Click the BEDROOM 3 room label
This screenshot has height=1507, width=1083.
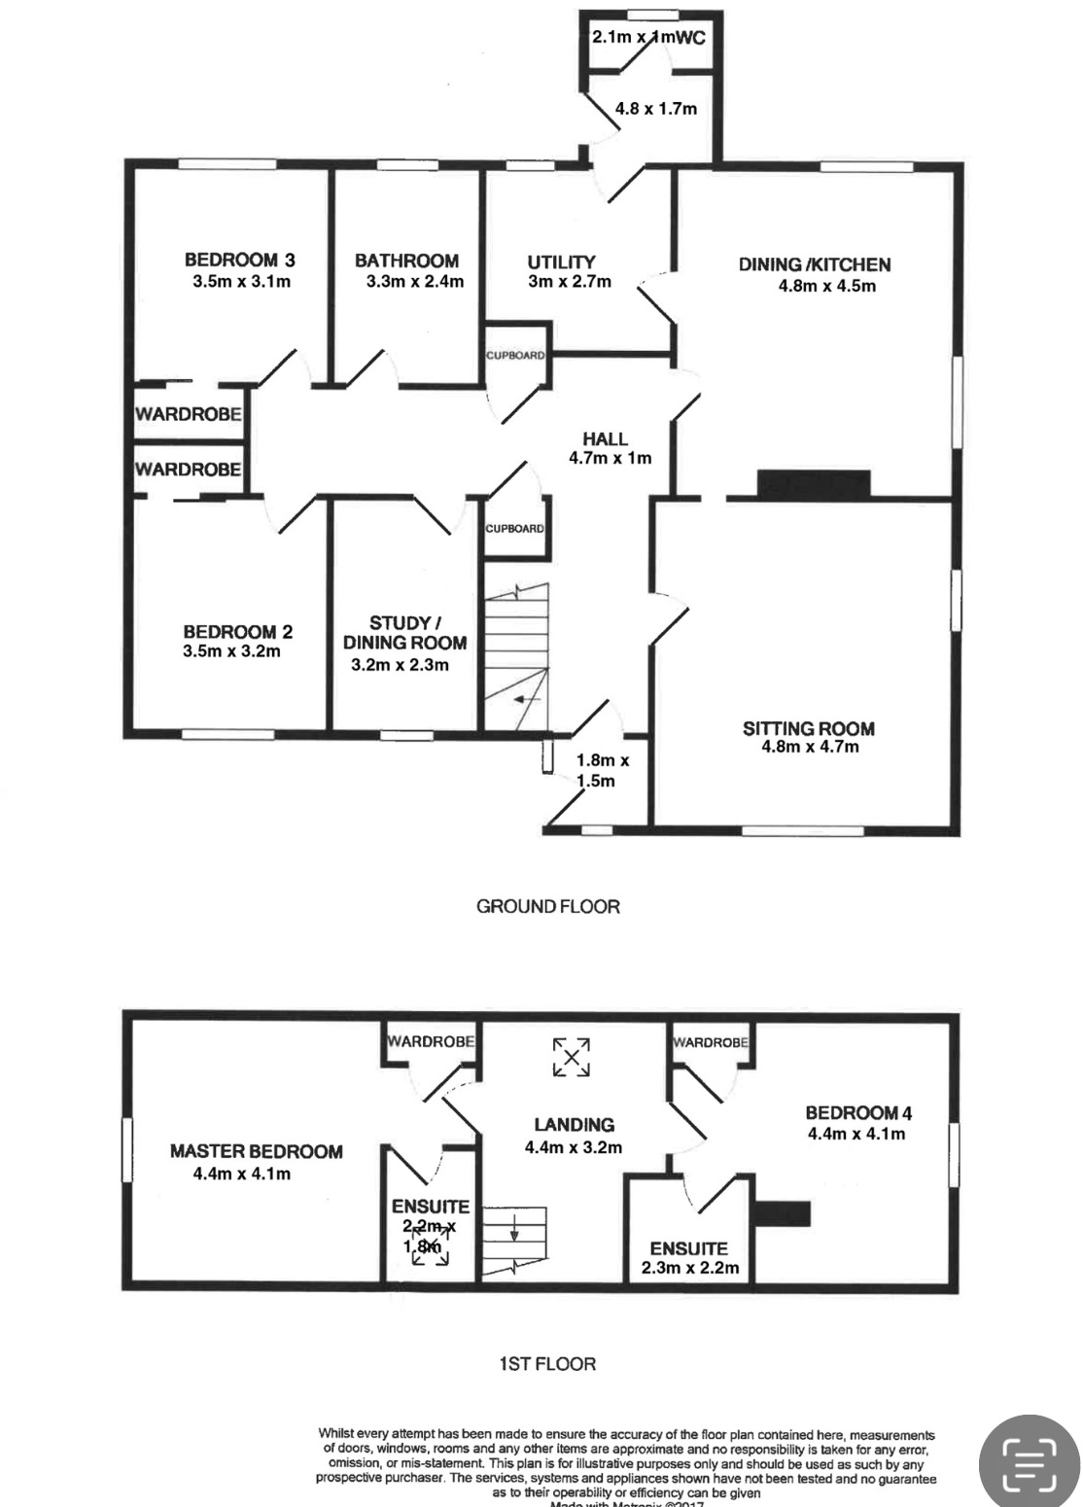tap(239, 260)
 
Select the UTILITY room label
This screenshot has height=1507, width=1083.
tap(561, 262)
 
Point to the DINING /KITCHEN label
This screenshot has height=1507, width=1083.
tap(815, 264)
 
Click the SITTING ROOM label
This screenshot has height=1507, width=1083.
tap(808, 728)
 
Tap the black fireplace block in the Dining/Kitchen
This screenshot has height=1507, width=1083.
tap(813, 483)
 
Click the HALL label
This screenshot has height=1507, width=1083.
tap(605, 438)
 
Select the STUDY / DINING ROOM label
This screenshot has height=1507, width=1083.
tap(404, 632)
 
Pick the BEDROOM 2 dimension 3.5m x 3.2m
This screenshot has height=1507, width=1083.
tap(231, 651)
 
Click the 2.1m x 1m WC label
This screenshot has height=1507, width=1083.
tap(647, 38)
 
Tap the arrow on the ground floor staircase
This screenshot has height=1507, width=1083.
tap(528, 699)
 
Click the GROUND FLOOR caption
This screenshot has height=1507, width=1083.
tap(547, 906)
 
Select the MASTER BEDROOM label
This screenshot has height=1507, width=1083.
tap(256, 1151)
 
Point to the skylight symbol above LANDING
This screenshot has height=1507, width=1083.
tap(573, 1057)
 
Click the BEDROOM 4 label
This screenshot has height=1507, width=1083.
tap(857, 1113)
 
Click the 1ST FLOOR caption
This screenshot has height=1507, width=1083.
tap(546, 1364)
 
